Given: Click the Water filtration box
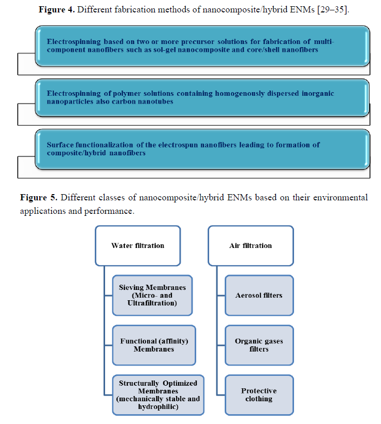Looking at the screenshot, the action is [138, 245].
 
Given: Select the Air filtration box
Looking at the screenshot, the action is [251, 245].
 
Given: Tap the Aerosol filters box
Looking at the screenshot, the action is [259, 295].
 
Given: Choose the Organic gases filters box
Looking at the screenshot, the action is [259, 345].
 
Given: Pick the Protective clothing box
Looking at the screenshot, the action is [259, 395].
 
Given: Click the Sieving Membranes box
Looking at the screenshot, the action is [152, 295].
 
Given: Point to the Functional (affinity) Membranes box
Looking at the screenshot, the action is [154, 345].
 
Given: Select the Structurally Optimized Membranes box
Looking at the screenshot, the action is [158, 395].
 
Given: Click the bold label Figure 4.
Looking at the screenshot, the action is [57, 10].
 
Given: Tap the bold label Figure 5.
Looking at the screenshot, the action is [39, 198].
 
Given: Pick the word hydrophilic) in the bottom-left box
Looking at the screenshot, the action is [158, 407].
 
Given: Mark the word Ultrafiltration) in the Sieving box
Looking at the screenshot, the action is [152, 303].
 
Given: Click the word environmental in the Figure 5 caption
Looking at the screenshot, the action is [341, 198].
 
